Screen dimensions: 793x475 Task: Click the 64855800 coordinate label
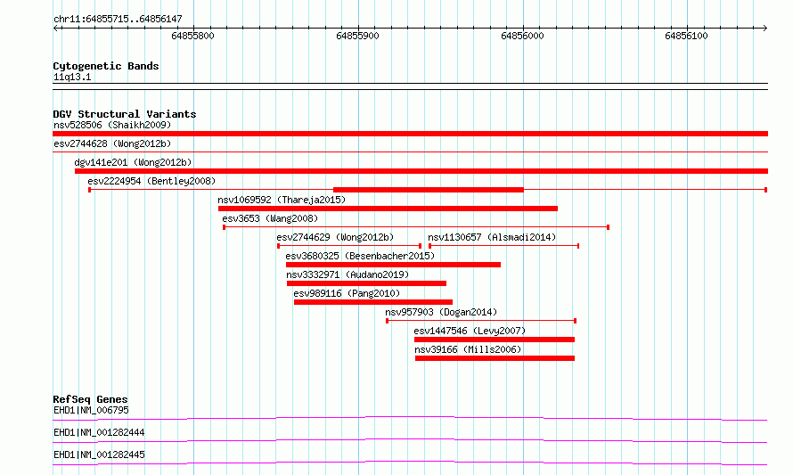point(192,36)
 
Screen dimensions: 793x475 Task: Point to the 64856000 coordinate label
point(522,36)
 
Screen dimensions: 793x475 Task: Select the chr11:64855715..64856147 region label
point(118,20)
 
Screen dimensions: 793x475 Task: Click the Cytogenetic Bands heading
point(106,66)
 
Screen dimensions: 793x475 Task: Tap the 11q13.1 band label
point(72,77)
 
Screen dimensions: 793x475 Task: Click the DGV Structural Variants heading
point(125,114)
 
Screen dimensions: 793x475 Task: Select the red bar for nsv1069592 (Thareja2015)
point(388,209)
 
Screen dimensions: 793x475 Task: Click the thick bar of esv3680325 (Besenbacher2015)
point(393,265)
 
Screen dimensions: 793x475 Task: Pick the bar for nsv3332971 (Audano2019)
point(366,283)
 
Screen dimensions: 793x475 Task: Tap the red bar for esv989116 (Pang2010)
point(373,302)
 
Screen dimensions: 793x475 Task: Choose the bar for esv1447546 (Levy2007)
point(495,340)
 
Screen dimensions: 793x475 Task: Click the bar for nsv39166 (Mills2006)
point(495,358)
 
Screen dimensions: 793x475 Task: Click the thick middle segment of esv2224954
point(429,190)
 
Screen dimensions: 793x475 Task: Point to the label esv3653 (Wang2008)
point(270,218)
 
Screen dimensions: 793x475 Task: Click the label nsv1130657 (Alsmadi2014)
point(492,237)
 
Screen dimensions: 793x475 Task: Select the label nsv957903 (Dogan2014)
point(441,312)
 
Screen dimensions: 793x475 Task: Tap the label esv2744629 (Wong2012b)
point(335,237)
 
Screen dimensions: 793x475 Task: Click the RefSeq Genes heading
point(90,399)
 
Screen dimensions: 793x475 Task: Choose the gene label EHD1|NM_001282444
point(99,432)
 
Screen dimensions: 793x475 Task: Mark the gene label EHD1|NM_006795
point(91,410)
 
